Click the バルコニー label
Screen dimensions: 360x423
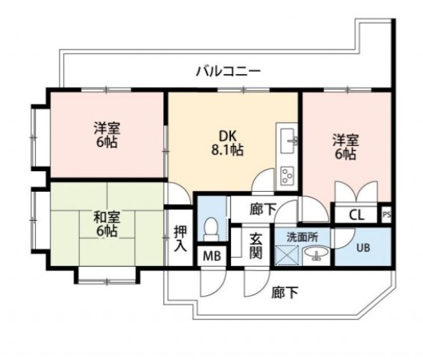pos(227,70)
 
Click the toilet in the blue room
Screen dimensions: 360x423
pos(211,229)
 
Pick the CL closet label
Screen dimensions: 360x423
pos(355,214)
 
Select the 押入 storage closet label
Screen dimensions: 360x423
pos(180,239)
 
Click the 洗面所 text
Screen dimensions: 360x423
pos(298,236)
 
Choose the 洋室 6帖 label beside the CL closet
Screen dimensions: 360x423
pos(344,146)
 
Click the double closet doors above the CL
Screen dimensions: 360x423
pos(355,193)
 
